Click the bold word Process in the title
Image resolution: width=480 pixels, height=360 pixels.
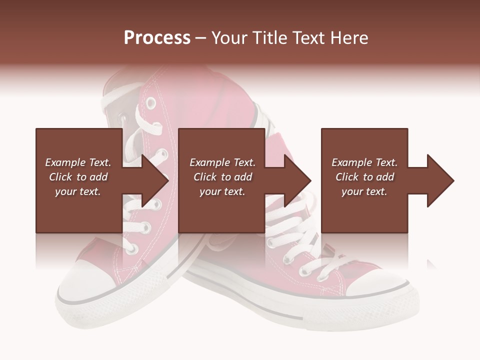coord(157,38)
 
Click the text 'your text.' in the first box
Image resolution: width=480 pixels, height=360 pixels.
coord(78,191)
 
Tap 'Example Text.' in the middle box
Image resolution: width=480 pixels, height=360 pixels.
coord(222,162)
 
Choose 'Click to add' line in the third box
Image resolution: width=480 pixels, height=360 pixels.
coord(365,177)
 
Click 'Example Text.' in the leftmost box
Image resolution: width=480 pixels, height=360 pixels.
coord(78,162)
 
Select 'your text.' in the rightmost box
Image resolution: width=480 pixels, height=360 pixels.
coord(364,191)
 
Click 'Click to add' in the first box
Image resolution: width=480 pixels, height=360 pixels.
coord(78,177)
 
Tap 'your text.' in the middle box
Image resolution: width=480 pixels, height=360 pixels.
coord(222,191)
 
